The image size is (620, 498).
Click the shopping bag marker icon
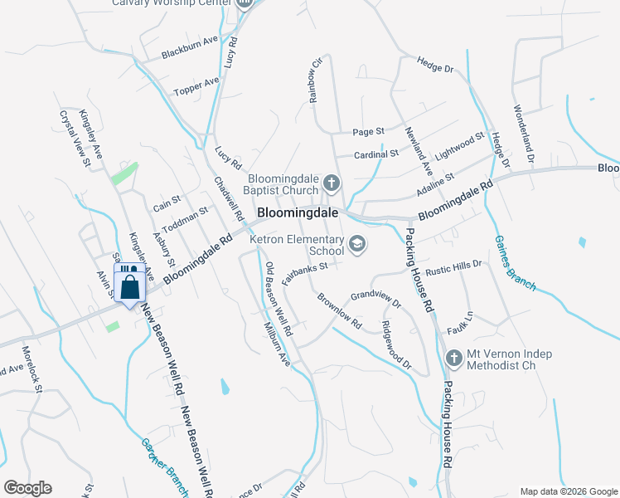pyautogui.click(x=129, y=286)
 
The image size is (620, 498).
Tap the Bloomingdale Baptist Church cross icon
pyautogui.click(x=332, y=183)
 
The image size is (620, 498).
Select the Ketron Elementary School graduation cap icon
pyautogui.click(x=357, y=243)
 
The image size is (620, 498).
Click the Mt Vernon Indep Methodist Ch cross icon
pyautogui.click(x=453, y=359)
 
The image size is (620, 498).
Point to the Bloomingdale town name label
pyautogui.click(x=298, y=212)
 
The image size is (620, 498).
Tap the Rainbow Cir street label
pyautogui.click(x=316, y=81)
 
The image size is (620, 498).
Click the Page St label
pyautogui.click(x=368, y=131)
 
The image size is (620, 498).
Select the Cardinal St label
pyautogui.click(x=376, y=154)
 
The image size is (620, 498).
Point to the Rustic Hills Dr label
pyautogui.click(x=453, y=266)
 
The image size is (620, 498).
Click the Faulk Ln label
pyautogui.click(x=460, y=316)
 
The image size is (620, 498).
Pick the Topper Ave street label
pyautogui.click(x=196, y=86)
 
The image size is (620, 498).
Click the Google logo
pyautogui.click(x=27, y=488)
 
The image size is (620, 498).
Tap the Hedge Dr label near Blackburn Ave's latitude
pyautogui.click(x=436, y=64)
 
